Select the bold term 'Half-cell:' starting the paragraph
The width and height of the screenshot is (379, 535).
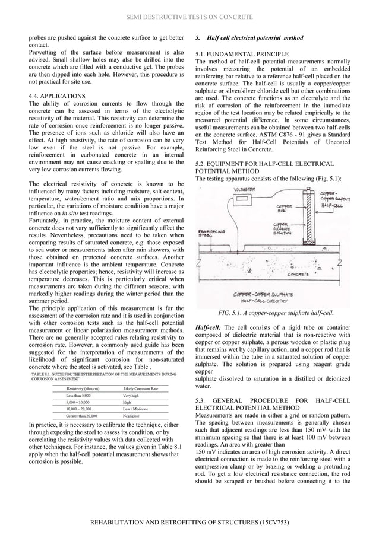[x=209, y=327]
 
